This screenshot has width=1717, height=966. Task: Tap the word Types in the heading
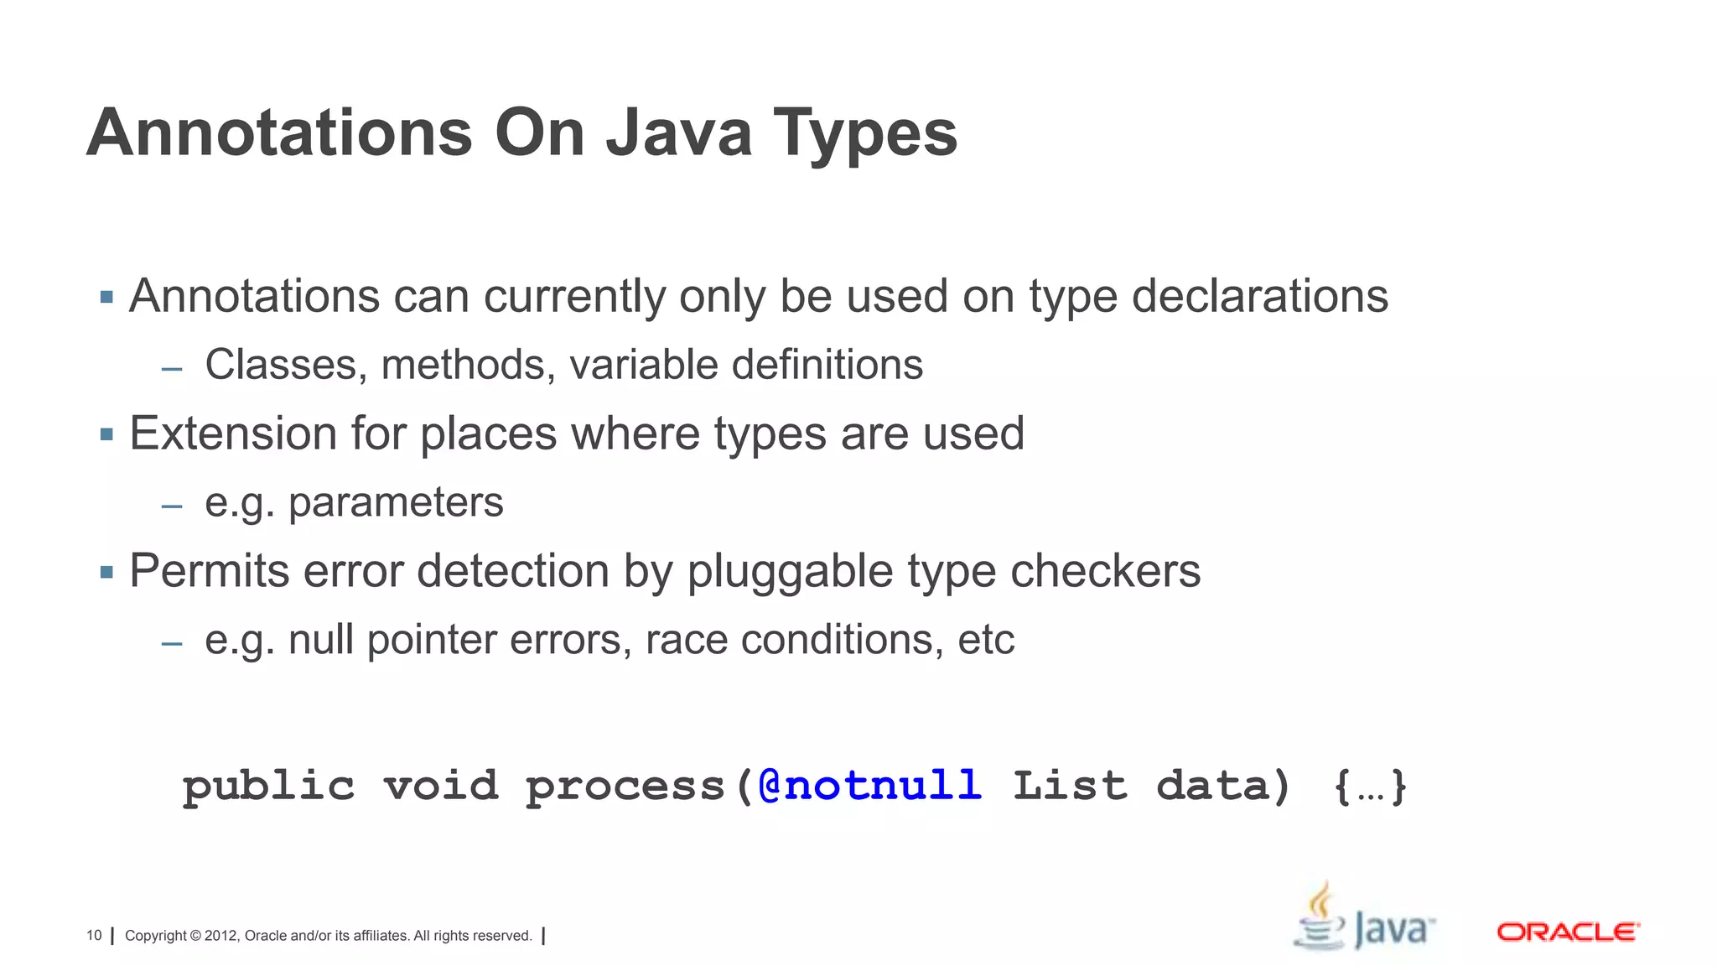click(864, 134)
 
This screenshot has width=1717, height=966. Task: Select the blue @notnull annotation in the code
click(869, 786)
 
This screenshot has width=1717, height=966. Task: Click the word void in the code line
click(441, 786)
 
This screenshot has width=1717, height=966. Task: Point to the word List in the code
click(1070, 786)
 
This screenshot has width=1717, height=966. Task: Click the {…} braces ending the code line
click(1370, 787)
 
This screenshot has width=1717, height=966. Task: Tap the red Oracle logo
click(1567, 932)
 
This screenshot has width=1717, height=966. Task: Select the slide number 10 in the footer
click(94, 936)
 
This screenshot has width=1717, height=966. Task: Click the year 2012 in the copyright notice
click(221, 936)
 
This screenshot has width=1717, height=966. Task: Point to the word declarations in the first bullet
click(1259, 297)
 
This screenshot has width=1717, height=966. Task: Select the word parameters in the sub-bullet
click(396, 503)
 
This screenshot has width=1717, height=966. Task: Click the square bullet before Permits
click(106, 573)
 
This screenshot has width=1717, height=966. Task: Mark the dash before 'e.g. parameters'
click(172, 506)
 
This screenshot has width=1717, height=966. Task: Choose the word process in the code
click(625, 787)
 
